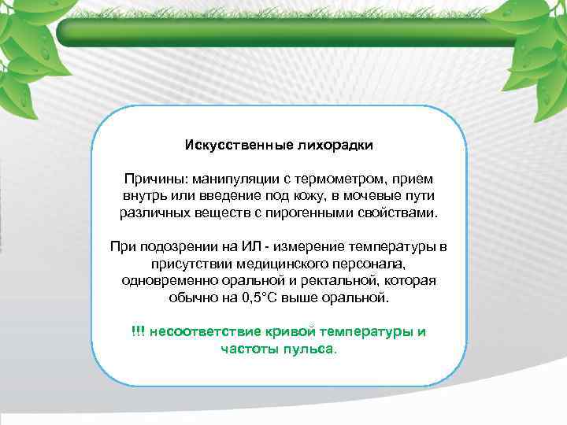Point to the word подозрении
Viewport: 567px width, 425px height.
pyautogui.click(x=177, y=247)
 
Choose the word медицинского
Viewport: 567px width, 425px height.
pyautogui.click(x=272, y=264)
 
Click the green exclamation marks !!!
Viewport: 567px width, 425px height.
pyautogui.click(x=139, y=331)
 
